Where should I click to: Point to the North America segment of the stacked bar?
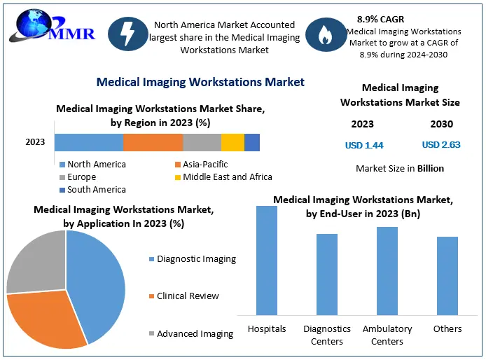[x=88, y=142]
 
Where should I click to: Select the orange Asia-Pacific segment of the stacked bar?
[x=153, y=142]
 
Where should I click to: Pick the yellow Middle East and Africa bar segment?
[x=232, y=142]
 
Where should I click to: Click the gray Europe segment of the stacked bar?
[x=202, y=142]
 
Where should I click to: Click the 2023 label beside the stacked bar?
[x=35, y=142]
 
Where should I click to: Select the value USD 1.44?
[x=364, y=146]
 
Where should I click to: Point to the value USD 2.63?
[x=441, y=145]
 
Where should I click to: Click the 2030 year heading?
[x=441, y=124]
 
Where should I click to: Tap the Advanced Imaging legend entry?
[x=195, y=334]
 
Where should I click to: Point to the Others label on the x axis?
[x=447, y=329]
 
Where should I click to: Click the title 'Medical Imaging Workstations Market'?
[x=200, y=82]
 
